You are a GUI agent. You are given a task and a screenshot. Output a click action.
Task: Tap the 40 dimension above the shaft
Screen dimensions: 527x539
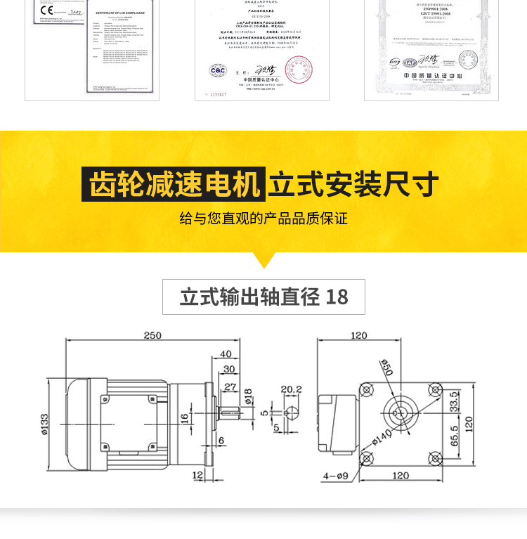tap(225, 353)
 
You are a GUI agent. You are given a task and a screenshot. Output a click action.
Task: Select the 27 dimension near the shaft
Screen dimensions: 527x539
tap(230, 387)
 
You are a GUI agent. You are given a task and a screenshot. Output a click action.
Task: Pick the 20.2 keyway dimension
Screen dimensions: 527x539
tap(291, 389)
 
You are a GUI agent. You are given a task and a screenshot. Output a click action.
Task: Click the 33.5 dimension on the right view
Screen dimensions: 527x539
tap(453, 402)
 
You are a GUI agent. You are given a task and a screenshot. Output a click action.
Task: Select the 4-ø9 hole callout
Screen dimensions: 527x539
tap(334, 476)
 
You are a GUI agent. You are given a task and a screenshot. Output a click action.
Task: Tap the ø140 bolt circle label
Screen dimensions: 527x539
tap(382, 441)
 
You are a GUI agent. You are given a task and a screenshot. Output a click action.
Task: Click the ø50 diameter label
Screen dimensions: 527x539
tap(386, 367)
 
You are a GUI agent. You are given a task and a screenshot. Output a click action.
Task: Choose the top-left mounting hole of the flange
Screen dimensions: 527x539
tap(366, 389)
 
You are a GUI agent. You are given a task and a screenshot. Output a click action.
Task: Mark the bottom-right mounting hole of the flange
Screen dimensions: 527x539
tap(434, 457)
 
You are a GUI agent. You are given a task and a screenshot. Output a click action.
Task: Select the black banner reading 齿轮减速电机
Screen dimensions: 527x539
tap(174, 185)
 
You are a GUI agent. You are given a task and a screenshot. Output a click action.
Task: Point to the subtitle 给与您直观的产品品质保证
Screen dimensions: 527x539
tap(263, 218)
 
